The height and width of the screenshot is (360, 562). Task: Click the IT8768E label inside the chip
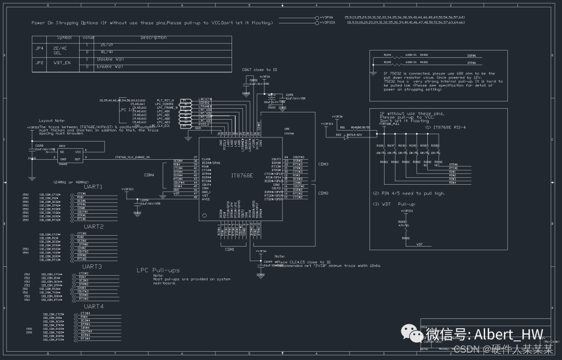241,175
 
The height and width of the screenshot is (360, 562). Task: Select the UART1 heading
94,186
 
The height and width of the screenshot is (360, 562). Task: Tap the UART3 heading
92,266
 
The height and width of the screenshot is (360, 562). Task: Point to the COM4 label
149,175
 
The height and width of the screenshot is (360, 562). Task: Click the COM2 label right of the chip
323,193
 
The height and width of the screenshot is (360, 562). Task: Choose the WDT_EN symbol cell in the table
61,62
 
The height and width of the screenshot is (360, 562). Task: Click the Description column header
154,37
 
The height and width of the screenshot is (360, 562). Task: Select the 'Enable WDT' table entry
111,67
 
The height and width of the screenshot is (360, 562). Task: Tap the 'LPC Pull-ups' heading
158,271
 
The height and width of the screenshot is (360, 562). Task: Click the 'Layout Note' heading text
52,121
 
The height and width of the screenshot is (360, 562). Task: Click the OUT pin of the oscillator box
78,159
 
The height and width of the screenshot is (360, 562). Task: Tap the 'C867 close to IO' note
259,69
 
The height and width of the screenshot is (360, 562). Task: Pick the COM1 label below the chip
229,249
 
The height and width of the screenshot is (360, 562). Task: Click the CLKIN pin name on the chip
206,159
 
